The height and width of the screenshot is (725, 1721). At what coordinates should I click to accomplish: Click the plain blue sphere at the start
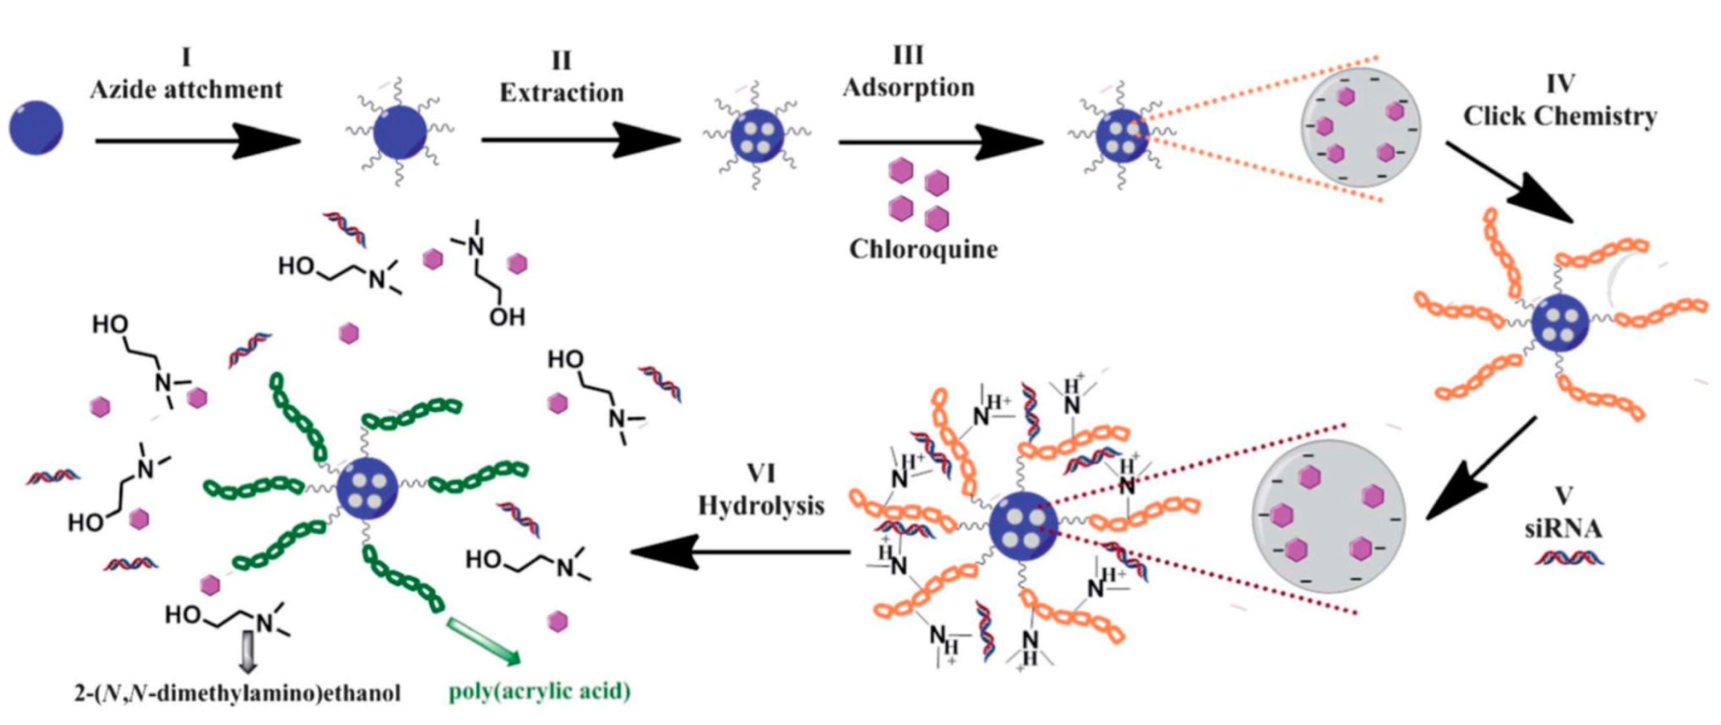(36, 128)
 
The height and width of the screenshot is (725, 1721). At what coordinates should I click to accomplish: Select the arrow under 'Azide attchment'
(197, 141)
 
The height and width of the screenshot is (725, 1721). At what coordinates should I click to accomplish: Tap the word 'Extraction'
(561, 93)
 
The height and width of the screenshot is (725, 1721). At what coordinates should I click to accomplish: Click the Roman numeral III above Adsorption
(908, 56)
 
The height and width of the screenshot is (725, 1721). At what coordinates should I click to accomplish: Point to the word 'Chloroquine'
(923, 249)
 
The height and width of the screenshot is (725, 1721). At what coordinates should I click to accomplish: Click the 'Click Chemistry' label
(1560, 116)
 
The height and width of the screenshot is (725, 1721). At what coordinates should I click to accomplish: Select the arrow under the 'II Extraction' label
(580, 141)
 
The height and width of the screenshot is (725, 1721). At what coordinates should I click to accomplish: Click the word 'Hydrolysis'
(761, 506)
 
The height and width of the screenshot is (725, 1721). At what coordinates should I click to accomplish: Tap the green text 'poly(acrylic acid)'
(539, 691)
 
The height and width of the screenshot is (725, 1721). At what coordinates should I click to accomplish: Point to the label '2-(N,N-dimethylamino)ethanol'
(237, 693)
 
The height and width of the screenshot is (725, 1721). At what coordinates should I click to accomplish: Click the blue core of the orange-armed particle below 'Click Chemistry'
(1559, 323)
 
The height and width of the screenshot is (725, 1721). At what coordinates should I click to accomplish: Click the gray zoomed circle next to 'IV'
(1361, 127)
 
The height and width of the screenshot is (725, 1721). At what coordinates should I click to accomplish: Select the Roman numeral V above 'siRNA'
(1562, 496)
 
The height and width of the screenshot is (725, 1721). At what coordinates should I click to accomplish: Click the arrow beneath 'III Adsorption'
(941, 143)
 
